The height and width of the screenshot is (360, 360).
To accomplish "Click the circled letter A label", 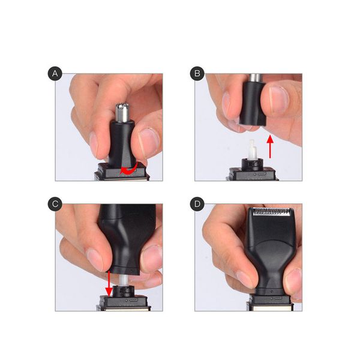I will tap(56, 74).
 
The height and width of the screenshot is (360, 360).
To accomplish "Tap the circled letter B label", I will tap(196, 74).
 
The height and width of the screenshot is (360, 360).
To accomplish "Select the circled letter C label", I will tap(56, 204).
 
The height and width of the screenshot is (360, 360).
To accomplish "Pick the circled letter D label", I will tap(196, 204).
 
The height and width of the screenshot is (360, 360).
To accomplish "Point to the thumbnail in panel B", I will tap(278, 100).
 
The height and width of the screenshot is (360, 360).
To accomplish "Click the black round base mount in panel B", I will tap(253, 164).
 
